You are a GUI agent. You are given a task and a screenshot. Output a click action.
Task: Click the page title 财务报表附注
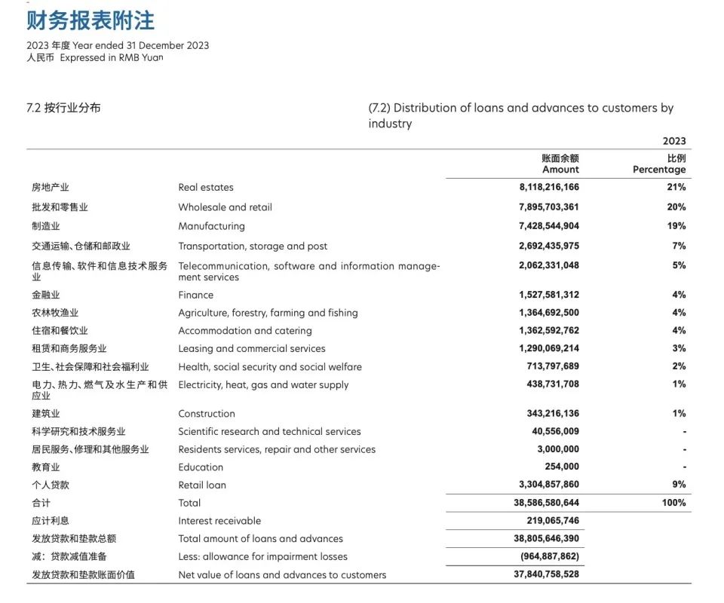[90, 20]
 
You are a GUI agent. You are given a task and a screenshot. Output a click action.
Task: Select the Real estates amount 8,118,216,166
[549, 188]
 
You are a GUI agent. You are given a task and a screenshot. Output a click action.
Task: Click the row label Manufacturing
[211, 226]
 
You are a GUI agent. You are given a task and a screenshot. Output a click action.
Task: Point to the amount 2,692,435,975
[549, 246]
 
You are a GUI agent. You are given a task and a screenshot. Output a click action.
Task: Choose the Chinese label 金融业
[46, 295]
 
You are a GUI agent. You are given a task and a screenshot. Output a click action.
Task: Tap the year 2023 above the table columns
[674, 141]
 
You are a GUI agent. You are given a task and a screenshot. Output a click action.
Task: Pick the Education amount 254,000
[560, 467]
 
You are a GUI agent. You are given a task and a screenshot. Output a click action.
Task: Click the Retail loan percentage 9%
[679, 485]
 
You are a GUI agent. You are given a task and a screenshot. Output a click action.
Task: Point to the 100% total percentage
[674, 503]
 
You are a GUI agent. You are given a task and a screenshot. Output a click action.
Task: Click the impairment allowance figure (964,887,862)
[550, 557]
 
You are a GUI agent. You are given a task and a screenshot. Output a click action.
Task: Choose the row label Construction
[207, 414]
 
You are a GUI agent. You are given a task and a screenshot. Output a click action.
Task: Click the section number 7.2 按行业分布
[63, 108]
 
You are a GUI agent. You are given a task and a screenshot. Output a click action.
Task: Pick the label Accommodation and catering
[244, 331]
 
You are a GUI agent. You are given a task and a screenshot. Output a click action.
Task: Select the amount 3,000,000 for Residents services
[557, 449]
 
